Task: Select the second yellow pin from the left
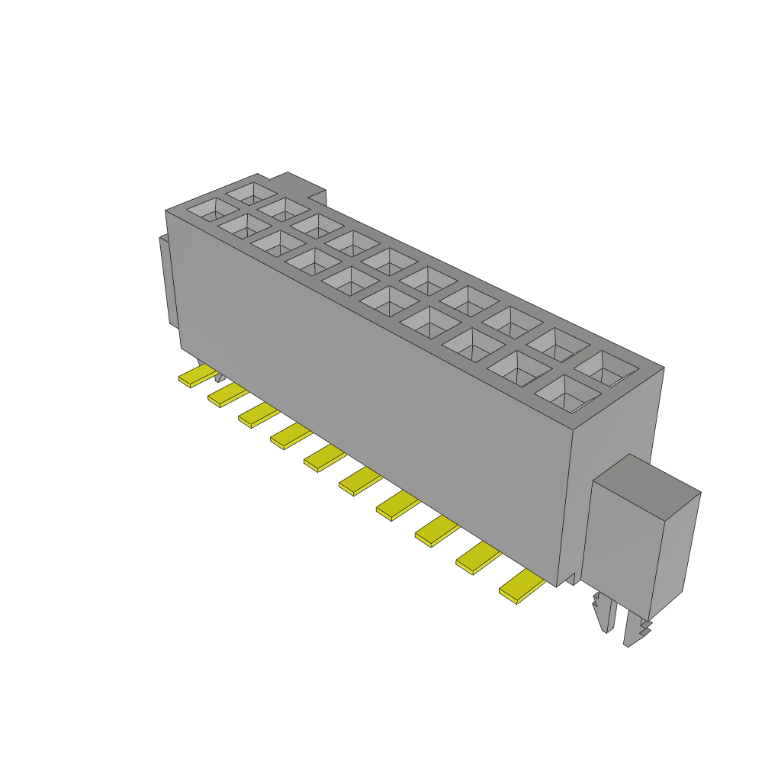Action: [x=227, y=395]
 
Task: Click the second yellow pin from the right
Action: [x=477, y=556]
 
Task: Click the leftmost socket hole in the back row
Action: [x=252, y=191]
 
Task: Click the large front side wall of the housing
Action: [x=366, y=397]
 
